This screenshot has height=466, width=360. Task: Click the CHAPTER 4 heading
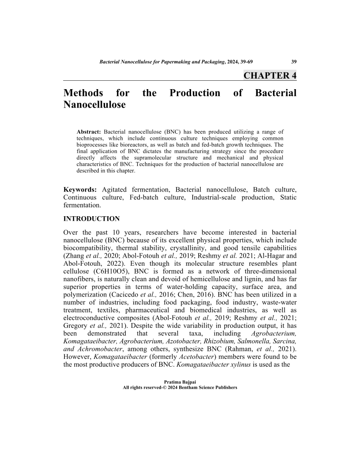coord(270,75)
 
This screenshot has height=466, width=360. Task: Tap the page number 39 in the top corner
coord(293,61)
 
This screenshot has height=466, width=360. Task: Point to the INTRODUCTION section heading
coord(92,218)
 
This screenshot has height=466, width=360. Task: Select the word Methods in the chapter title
coord(84,93)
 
